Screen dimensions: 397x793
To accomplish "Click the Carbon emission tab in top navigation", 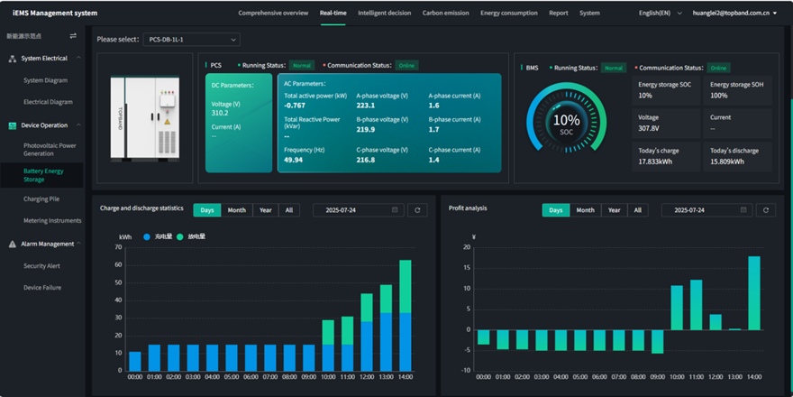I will tap(445, 14).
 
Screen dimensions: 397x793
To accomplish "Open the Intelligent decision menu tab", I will tap(384, 14).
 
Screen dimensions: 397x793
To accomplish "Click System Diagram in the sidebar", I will tap(45, 80).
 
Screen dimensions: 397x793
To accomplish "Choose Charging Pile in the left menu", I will tap(41, 198).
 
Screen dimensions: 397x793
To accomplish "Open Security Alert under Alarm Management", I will tap(42, 266).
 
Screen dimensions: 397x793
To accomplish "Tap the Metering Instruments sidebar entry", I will tap(52, 220).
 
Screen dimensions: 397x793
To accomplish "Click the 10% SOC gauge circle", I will tap(566, 123).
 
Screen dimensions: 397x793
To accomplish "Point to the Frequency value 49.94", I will tap(294, 160).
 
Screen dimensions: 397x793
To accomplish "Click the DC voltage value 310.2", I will tap(220, 113).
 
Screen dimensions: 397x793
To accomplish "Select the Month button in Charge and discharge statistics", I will tap(236, 210).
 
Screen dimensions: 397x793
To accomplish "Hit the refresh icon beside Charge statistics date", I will tap(416, 210).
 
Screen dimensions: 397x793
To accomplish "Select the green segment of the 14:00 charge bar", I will tap(406, 286).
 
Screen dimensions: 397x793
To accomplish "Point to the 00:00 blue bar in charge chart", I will tap(135, 361).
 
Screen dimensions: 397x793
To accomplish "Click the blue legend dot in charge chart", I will tap(147, 236).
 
